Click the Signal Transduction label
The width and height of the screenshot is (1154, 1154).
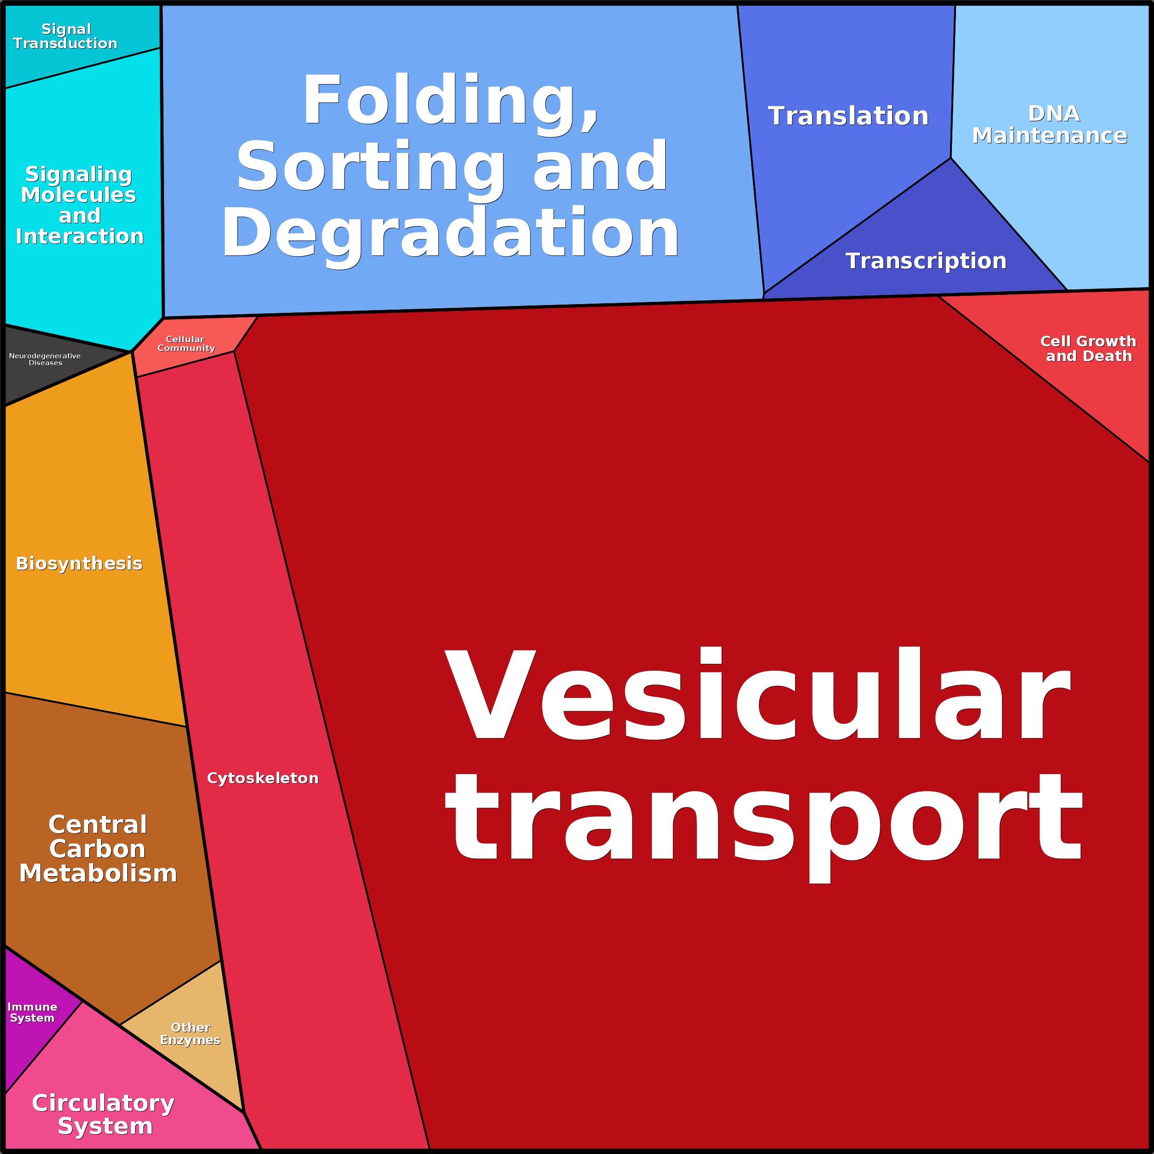[65, 36]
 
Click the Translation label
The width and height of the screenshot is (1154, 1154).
[848, 116]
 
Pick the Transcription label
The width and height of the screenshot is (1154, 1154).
[926, 261]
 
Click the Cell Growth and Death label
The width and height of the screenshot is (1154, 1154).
[1088, 349]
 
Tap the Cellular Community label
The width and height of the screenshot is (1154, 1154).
[186, 344]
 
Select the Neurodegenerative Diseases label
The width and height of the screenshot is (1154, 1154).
[45, 359]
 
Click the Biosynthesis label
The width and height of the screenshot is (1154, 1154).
[79, 564]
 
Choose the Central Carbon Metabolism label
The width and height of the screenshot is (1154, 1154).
[98, 849]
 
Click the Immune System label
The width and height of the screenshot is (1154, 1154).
[32, 1013]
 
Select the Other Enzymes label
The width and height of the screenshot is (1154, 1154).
[190, 1033]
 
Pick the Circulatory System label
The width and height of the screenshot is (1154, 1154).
[103, 1114]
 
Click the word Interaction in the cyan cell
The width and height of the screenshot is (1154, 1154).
[79, 237]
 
